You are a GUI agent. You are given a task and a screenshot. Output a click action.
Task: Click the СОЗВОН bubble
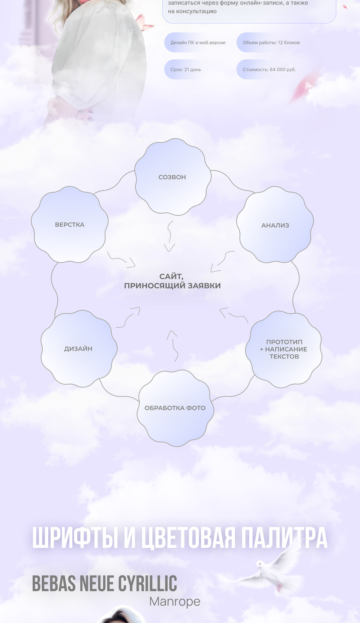172,177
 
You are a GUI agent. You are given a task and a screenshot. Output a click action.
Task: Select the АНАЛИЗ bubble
275,225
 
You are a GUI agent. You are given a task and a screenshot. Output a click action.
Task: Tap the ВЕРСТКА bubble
70,225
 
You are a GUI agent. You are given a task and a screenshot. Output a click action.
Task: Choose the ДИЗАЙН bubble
79,348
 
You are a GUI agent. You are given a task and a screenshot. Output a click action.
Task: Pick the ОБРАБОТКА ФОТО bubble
175,408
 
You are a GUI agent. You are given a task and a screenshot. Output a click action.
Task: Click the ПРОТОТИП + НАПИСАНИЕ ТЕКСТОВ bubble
283,349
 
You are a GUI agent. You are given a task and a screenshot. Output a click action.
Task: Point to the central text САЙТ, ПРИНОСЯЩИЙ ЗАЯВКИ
172,281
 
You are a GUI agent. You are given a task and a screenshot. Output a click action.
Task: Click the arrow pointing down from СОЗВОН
170,236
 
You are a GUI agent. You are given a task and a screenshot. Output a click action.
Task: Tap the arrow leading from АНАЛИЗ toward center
222,261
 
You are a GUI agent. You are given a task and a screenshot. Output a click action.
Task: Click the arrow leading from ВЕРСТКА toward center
121,260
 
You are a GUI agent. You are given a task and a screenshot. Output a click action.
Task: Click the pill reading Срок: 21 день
186,70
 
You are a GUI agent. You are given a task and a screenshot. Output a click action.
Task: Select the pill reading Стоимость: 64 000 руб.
269,70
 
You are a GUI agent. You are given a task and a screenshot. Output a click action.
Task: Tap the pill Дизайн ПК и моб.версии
198,43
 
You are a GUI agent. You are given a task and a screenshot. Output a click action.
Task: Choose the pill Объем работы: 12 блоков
271,43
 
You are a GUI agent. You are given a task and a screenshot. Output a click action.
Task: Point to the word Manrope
175,601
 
